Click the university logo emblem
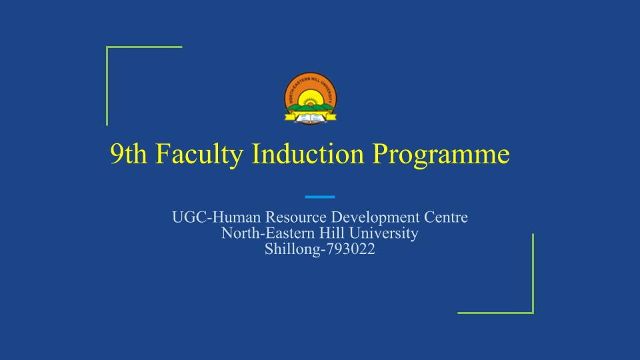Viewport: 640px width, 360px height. pyautogui.click(x=310, y=99)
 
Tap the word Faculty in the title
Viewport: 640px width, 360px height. pyautogui.click(x=199, y=154)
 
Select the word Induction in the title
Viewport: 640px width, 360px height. pyautogui.click(x=307, y=153)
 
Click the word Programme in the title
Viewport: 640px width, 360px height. pyautogui.click(x=441, y=155)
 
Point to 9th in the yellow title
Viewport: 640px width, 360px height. pyautogui.click(x=129, y=154)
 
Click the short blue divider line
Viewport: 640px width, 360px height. pyautogui.click(x=320, y=197)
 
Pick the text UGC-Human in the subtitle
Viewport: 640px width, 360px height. pyautogui.click(x=216, y=217)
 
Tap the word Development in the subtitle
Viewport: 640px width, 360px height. pyautogui.click(x=375, y=218)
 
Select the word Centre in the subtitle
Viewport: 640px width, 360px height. pyautogui.click(x=446, y=217)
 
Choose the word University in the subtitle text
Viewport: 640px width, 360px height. pyautogui.click(x=384, y=234)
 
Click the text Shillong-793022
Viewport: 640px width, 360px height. pyautogui.click(x=319, y=249)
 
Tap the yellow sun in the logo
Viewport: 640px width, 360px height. pyautogui.click(x=311, y=99)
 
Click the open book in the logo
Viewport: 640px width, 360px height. pyautogui.click(x=310, y=119)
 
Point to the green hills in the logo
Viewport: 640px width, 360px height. pyautogui.click(x=311, y=108)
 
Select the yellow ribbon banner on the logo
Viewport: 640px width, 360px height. pyautogui.click(x=310, y=117)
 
